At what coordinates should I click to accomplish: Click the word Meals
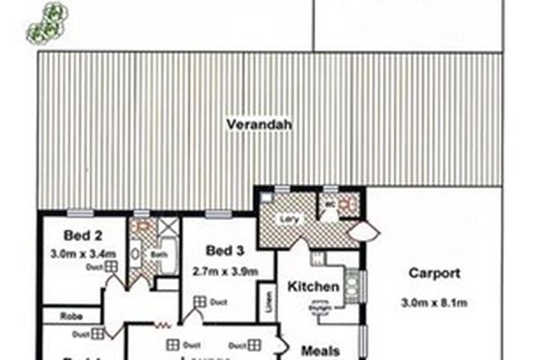[x=320, y=350]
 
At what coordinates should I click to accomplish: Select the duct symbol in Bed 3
[x=198, y=302]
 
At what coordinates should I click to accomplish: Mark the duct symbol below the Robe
[x=97, y=334]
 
